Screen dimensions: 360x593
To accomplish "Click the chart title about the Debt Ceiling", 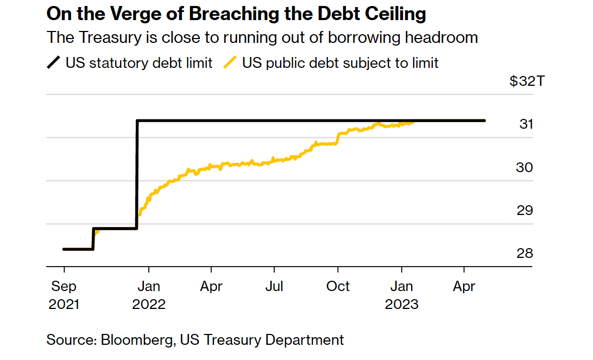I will [237, 14].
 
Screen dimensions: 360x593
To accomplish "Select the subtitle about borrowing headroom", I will [262, 37].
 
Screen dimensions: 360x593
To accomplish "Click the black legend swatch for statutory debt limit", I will [54, 62].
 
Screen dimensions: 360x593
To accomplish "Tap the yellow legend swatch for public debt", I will [230, 62].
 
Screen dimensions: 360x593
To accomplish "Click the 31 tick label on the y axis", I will [526, 124].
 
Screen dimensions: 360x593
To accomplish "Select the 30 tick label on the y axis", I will [525, 167].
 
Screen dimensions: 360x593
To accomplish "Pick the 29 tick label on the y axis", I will [525, 210].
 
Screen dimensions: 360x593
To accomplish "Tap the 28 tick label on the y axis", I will [525, 254].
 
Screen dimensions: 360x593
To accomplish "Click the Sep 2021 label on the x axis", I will [64, 295].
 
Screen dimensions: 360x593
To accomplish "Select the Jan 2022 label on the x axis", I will [148, 295].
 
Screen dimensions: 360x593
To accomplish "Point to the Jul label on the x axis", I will [275, 286].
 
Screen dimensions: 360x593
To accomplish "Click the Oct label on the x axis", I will [338, 286].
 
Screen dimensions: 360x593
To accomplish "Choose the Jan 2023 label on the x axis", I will [401, 295].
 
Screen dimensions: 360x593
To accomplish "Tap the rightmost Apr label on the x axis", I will [464, 286].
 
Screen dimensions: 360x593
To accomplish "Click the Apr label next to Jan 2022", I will [211, 286].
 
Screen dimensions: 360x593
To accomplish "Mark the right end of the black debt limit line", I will [484, 121].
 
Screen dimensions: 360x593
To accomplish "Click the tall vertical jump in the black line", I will [137, 174].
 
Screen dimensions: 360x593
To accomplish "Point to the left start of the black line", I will [64, 249].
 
